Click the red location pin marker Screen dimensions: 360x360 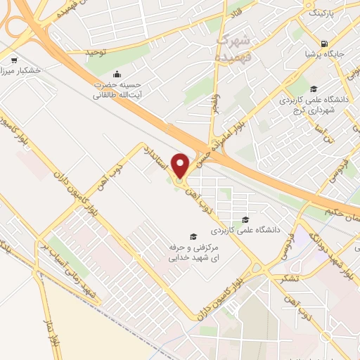pyautogui.click(x=181, y=165)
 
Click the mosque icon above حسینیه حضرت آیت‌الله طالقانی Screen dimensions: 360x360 pyautogui.click(x=117, y=73)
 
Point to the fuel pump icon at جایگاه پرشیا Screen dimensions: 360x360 pyautogui.click(x=324, y=42)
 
